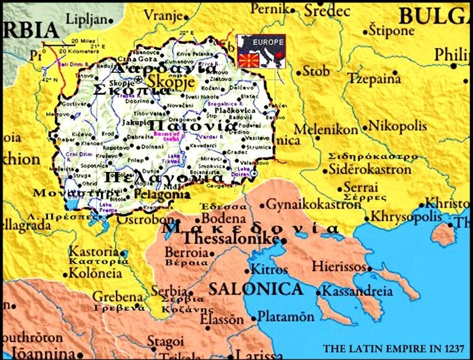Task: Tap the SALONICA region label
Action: click(256, 288)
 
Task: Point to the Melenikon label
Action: click(326, 129)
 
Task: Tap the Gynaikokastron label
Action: click(313, 204)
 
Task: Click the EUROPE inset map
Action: click(261, 51)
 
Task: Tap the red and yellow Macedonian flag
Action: click(246, 60)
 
